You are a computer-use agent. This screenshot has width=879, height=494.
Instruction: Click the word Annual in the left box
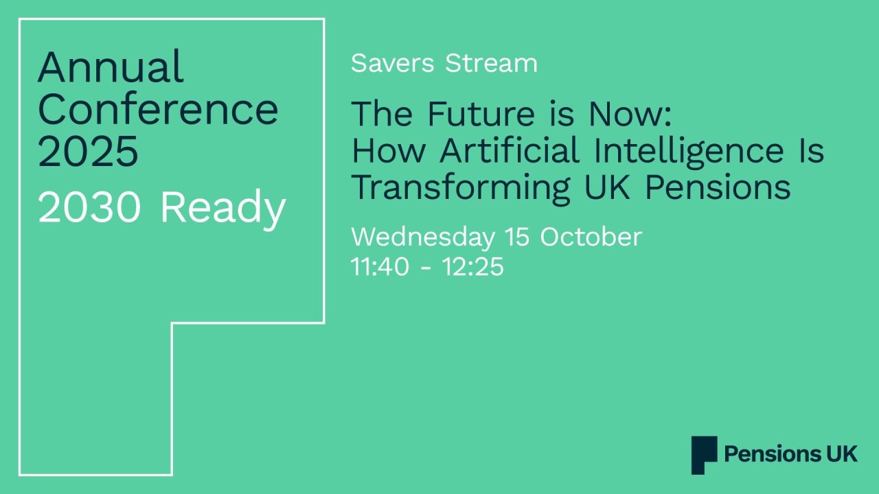(x=111, y=67)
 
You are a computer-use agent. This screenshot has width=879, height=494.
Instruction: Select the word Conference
(x=158, y=109)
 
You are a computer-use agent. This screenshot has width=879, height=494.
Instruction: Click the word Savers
(x=392, y=63)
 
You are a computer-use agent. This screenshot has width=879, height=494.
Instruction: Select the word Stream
(x=491, y=63)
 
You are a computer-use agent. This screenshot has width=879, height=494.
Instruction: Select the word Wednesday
(x=422, y=237)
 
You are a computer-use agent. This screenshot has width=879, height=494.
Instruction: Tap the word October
(x=591, y=237)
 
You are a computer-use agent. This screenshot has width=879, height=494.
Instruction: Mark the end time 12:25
(x=473, y=267)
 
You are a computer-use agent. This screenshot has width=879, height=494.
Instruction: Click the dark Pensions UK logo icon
(x=704, y=455)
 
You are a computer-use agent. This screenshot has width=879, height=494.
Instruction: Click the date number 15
(x=517, y=237)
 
